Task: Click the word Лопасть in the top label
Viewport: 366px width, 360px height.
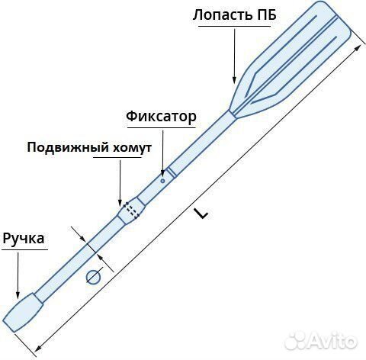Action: [220, 15]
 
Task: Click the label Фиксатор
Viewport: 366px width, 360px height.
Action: [161, 117]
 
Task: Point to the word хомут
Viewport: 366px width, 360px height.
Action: [132, 148]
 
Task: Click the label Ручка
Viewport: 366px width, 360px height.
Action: [24, 239]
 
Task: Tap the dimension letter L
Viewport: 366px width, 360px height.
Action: [201, 214]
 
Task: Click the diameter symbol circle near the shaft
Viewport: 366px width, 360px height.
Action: [94, 277]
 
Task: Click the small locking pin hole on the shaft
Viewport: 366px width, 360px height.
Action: [162, 181]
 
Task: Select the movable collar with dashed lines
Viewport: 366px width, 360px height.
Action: [131, 211]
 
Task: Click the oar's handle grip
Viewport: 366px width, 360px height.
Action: [23, 313]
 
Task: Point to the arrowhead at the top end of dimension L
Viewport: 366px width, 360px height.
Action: [358, 47]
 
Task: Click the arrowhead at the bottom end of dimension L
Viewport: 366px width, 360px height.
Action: [37, 349]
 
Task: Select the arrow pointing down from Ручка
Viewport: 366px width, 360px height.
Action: [18, 275]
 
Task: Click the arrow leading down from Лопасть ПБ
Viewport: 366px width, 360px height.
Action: [234, 56]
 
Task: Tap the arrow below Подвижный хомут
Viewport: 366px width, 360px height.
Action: [120, 183]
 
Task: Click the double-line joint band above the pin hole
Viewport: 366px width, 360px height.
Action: [172, 172]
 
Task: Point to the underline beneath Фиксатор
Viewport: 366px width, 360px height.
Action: [161, 128]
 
